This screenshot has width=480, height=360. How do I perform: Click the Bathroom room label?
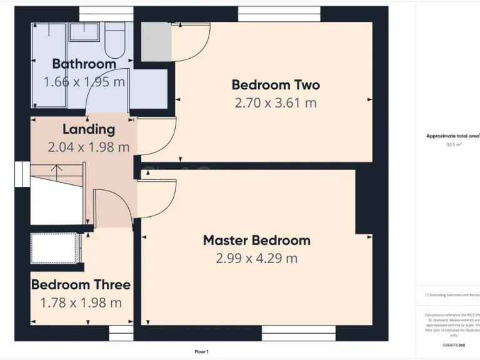84,64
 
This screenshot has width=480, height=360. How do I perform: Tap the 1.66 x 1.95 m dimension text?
84,82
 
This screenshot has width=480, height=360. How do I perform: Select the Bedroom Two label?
276,84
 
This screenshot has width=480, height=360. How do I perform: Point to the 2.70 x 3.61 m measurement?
276,102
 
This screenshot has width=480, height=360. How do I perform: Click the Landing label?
89,129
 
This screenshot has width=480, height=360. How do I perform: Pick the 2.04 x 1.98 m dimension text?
89,147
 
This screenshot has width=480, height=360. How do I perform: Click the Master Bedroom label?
256,240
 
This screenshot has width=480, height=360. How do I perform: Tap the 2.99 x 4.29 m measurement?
256,258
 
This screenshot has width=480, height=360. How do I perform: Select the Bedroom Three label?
81,284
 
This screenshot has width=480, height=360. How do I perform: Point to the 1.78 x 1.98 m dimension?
81,303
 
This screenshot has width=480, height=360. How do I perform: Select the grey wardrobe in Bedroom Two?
156,42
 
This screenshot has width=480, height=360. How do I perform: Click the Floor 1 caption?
201,352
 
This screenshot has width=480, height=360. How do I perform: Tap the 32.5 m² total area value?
453,144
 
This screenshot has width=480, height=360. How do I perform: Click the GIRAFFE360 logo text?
453,345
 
